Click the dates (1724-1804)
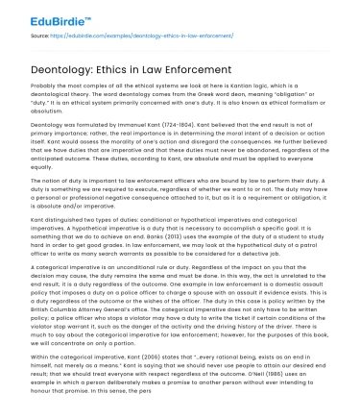[192, 126]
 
